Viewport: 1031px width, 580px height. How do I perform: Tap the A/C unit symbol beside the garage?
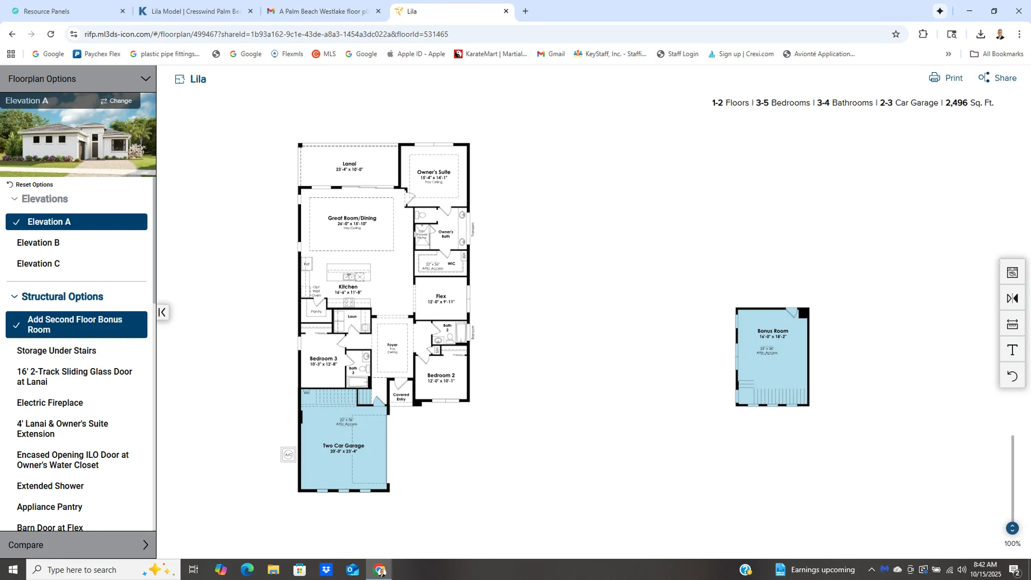click(x=288, y=454)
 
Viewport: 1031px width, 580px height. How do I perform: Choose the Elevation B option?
click(x=38, y=242)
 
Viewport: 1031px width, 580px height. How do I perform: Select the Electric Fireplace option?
click(x=49, y=403)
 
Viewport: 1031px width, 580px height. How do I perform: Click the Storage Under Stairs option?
click(x=56, y=351)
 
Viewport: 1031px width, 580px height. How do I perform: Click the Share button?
click(x=997, y=78)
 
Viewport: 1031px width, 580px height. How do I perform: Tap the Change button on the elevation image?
click(x=116, y=101)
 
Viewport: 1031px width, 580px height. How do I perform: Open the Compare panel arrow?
click(x=145, y=545)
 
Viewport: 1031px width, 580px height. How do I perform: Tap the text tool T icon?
click(x=1012, y=350)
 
